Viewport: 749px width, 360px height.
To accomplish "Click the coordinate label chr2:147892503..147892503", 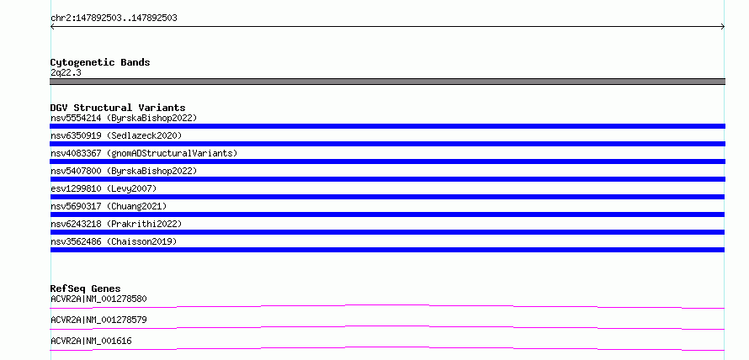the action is click(x=114, y=19).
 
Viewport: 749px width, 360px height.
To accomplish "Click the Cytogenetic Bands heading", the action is click(x=100, y=62).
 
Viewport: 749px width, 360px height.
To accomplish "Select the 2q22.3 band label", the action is click(x=66, y=72).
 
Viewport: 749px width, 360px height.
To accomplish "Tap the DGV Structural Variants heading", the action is click(x=118, y=108).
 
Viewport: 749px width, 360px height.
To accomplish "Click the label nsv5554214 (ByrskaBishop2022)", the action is click(x=124, y=118).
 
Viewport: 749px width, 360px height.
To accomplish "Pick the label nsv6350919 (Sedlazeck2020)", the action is click(x=116, y=135).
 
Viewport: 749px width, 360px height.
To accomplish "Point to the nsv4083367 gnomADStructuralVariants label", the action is click(x=144, y=153).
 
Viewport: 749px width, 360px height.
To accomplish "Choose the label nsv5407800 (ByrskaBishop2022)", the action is click(x=124, y=171).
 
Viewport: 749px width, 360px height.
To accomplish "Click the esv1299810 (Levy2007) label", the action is click(x=104, y=188).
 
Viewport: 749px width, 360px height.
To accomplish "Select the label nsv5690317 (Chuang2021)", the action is click(x=109, y=206).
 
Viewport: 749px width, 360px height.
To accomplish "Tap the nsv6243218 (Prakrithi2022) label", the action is click(x=116, y=224).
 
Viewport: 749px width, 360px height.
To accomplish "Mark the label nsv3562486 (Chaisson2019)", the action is click(x=114, y=241).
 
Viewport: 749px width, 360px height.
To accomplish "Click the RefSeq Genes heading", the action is click(x=86, y=289).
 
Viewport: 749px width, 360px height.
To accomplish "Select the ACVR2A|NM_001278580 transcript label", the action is click(x=98, y=299).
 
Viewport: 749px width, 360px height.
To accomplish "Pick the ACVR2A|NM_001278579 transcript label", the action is click(x=98, y=320).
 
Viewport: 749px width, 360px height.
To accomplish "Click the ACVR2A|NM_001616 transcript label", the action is click(x=91, y=341).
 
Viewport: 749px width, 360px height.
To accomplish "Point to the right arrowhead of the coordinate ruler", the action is click(x=724, y=27).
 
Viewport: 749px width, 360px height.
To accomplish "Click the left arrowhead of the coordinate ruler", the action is click(x=51, y=27).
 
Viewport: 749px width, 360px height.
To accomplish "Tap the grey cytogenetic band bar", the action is click(x=387, y=82).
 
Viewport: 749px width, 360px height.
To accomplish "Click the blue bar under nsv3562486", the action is click(x=387, y=250).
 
